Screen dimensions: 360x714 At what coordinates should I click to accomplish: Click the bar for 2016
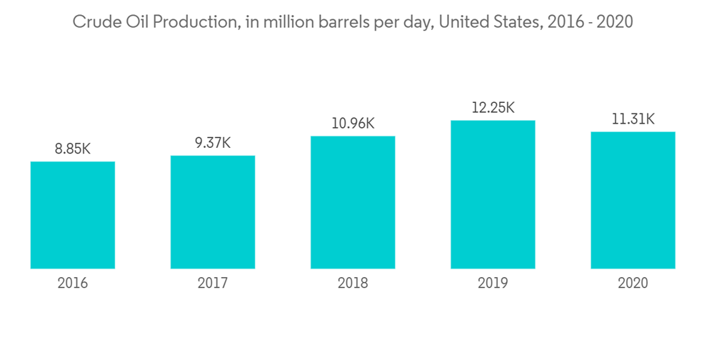[x=73, y=215]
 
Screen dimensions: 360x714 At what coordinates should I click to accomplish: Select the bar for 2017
[x=213, y=212]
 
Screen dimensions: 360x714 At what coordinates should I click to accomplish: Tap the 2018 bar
[x=353, y=202]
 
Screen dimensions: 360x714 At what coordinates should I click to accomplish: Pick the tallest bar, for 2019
[x=493, y=194]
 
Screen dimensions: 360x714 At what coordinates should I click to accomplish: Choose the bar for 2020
[x=633, y=200]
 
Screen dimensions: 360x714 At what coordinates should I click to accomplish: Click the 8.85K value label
[x=73, y=149]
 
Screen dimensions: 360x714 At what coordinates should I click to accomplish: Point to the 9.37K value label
[x=213, y=143]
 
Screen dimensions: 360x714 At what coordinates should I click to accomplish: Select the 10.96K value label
[x=353, y=124]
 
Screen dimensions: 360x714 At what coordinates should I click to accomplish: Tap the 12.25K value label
[x=493, y=108]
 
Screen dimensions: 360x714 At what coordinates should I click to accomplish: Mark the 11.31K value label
[x=633, y=119]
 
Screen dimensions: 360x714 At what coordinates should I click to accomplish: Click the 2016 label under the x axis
[x=73, y=284]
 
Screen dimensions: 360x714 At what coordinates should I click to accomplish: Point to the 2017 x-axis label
[x=213, y=284]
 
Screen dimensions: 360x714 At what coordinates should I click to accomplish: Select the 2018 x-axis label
[x=353, y=284]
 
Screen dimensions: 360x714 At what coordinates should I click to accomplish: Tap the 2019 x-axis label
[x=493, y=284]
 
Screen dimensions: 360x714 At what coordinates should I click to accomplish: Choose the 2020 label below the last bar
[x=633, y=284]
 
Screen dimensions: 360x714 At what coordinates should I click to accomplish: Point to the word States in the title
[x=511, y=22]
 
